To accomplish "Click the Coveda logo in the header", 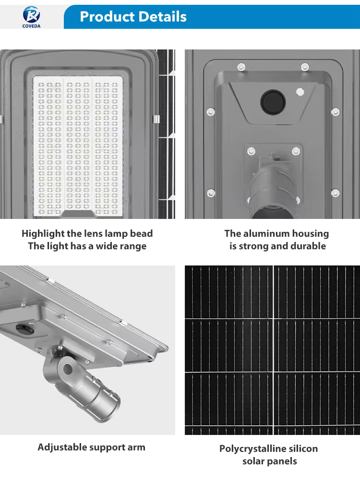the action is coord(31,17).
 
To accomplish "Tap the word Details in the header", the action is coord(160,17).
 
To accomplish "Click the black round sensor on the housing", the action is coord(273,102).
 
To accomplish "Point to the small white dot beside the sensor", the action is coord(300,92).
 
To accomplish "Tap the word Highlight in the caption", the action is coord(43,234).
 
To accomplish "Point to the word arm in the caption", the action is coord(136,447).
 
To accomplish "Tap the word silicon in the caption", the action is coord(303,448).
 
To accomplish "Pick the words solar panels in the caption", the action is coord(270,461).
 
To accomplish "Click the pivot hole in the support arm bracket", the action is coord(68,369).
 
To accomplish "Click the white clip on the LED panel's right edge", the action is coord(156,119).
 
